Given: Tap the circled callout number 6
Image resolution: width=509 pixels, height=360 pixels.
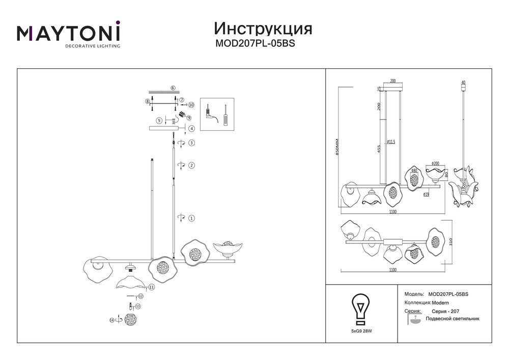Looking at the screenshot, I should [x=173, y=88].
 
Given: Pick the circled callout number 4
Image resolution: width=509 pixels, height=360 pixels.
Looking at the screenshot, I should [x=191, y=128].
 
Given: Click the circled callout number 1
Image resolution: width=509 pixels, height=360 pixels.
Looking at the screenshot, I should [x=191, y=218].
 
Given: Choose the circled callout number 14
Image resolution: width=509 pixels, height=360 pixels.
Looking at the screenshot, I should [x=111, y=320].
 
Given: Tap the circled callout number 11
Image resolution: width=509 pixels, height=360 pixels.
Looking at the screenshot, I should [x=152, y=287].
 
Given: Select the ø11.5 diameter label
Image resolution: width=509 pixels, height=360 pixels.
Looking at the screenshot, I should [x=391, y=142].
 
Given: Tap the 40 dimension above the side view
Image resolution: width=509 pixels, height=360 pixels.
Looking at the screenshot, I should [x=462, y=82].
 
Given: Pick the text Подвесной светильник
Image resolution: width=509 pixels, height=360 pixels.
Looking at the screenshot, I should [x=453, y=318].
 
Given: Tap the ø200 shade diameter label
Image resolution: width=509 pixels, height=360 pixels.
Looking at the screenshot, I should [x=435, y=163].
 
